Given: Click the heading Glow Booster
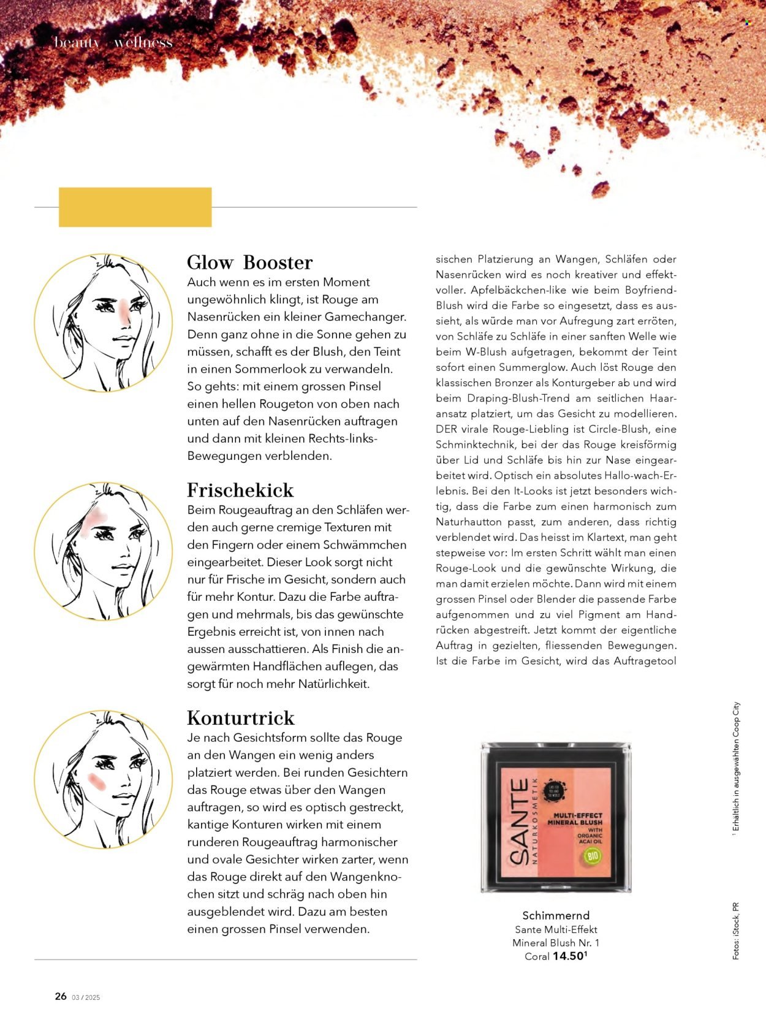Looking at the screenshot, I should point(249,262).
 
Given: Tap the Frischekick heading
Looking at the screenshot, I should point(240,490).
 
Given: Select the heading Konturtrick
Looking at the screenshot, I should point(241,718).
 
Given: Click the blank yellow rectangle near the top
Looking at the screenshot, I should point(135,207).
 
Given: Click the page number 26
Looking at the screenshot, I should point(61,996).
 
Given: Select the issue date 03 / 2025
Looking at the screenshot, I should point(86,997).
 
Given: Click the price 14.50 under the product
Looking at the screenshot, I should point(569,956).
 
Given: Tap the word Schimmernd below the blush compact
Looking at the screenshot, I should point(556,916).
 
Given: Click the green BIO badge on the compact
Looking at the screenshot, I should point(591,856).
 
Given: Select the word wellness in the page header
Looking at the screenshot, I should point(143,42).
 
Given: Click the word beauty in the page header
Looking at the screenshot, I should point(77,42).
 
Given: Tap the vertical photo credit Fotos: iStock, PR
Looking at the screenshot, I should point(735,931).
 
